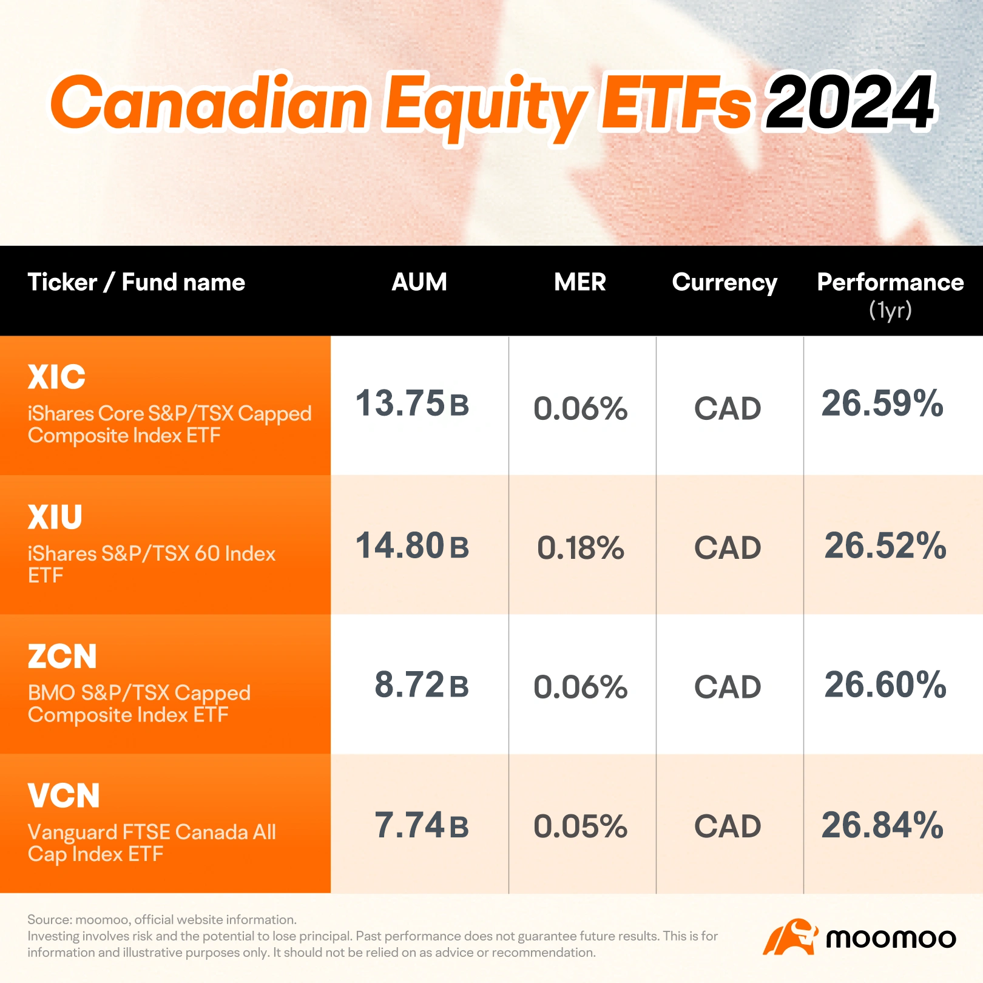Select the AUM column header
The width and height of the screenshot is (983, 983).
coord(419,282)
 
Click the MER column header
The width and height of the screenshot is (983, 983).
coord(580,282)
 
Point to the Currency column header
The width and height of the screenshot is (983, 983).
coord(725,283)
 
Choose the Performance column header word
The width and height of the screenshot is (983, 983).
coord(890,282)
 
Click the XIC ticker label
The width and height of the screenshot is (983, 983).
coord(56,377)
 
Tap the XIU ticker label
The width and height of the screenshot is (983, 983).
coord(55,517)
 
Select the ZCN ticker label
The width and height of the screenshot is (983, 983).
coord(62,657)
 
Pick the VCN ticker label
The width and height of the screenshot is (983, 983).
coord(64,796)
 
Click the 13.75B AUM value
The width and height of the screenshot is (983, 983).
coord(413,404)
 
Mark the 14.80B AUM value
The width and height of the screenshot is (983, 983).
coord(413,546)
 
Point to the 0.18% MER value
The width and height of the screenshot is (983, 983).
coord(581,548)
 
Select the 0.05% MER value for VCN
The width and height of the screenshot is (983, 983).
coord(581,826)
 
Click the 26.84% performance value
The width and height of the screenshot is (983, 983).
coord(883,825)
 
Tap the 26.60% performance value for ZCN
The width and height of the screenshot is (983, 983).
coord(885,685)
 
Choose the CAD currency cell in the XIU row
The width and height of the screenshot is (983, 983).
coord(728,548)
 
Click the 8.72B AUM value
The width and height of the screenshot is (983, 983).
coord(422,685)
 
